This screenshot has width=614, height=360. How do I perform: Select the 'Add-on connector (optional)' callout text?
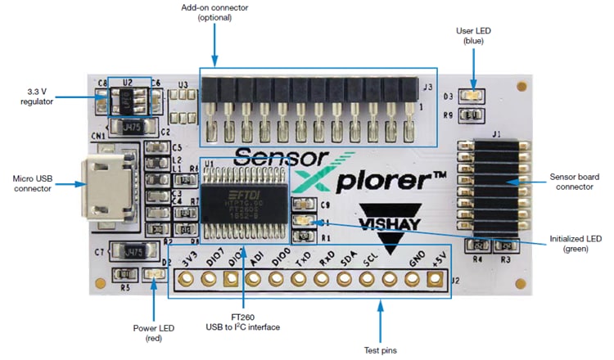(x=215, y=13)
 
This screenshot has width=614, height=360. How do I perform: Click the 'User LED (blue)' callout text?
(x=473, y=35)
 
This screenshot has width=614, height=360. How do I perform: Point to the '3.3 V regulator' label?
(x=37, y=95)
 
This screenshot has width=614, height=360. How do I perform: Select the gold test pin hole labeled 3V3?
(x=185, y=280)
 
